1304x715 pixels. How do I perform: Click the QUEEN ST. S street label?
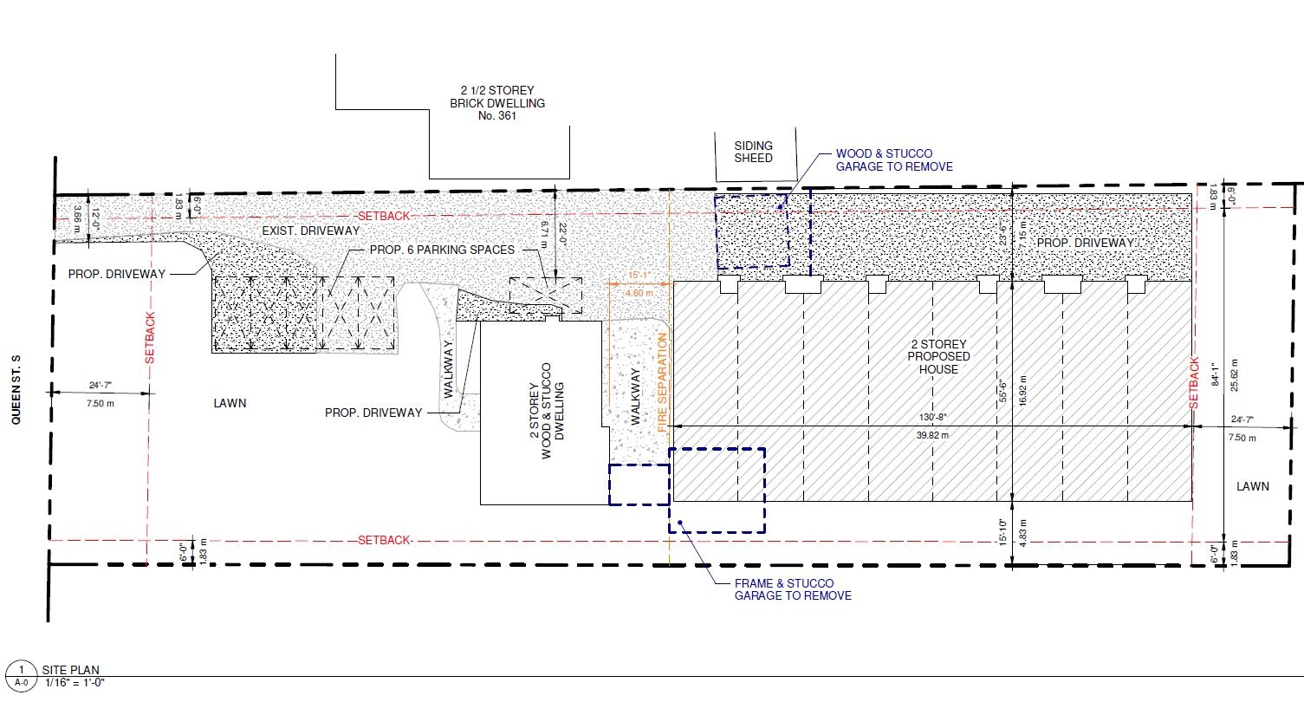[x=15, y=389]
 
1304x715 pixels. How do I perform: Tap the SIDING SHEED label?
[x=753, y=152]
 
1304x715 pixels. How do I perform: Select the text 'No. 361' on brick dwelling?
[x=496, y=115]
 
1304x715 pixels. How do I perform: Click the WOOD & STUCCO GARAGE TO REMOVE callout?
[x=893, y=160]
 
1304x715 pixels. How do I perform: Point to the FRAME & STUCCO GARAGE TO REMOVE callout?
[x=792, y=589]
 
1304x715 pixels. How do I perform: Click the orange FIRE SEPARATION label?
[x=664, y=382]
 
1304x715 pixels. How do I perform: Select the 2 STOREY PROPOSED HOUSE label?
[x=938, y=356]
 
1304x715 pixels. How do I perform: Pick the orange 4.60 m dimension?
[x=639, y=294]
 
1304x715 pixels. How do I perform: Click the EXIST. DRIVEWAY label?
[x=310, y=231]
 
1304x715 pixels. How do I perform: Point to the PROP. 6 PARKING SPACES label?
[x=442, y=250]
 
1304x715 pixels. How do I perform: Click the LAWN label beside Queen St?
[x=230, y=403]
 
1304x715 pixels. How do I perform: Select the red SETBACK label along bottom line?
[x=384, y=540]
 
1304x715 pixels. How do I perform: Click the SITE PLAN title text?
[x=70, y=670]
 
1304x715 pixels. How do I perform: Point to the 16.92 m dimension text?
[x=1024, y=391]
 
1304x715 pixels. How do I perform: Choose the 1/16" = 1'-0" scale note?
[x=75, y=683]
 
